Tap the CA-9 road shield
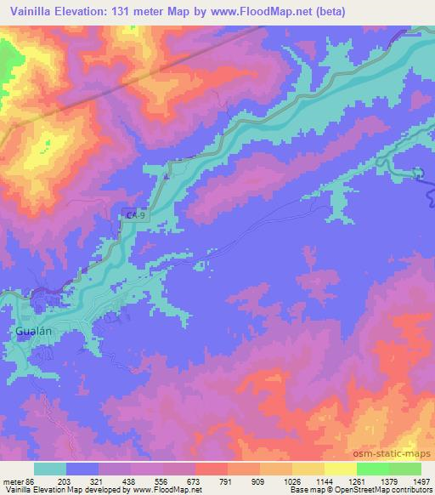(130, 216)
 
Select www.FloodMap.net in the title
(274, 11)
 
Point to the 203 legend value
(65, 481)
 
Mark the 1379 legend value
(389, 481)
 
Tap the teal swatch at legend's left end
(49, 468)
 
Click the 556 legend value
(163, 481)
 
